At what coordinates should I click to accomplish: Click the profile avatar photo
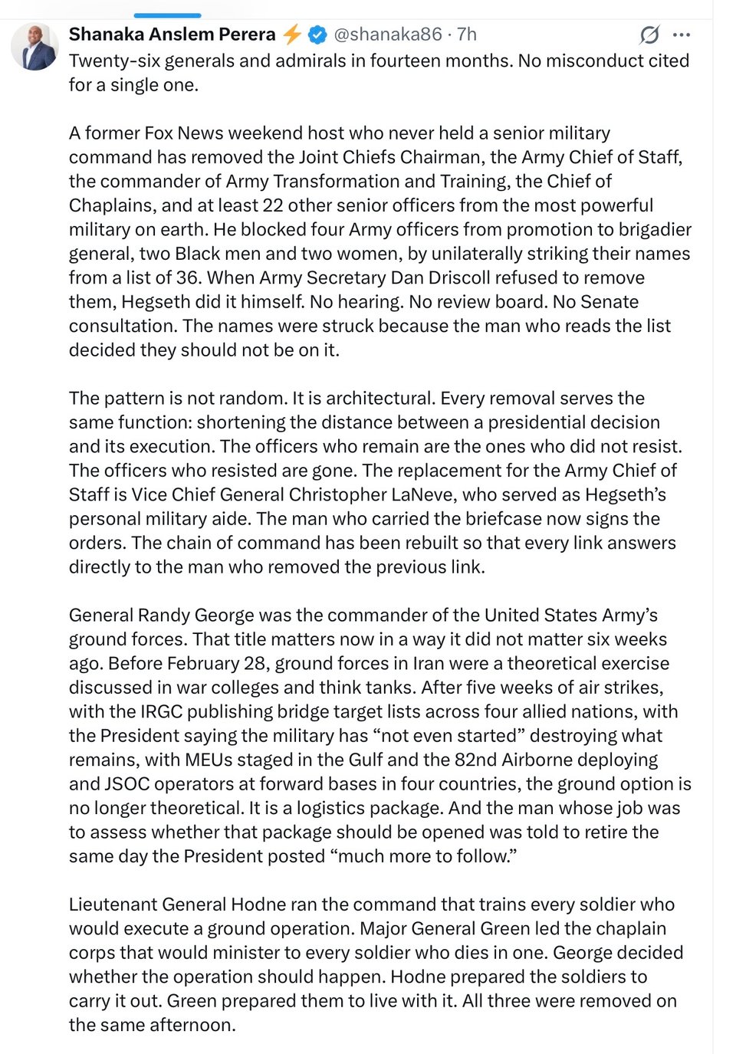(34, 47)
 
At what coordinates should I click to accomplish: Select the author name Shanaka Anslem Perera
(172, 34)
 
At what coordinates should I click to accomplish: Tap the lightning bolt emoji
(292, 34)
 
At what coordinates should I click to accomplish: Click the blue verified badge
(317, 34)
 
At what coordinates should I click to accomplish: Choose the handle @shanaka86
(387, 34)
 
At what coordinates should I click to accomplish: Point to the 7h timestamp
(467, 34)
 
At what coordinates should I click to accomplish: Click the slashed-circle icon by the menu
(649, 34)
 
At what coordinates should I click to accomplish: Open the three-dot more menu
(682, 34)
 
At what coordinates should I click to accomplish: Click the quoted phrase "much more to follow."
(423, 856)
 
